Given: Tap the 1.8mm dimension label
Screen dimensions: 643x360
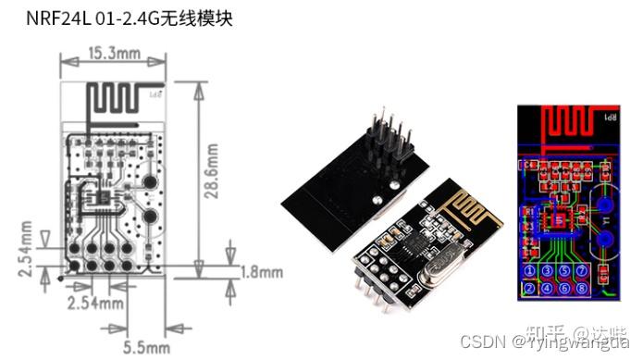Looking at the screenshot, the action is tap(262, 272).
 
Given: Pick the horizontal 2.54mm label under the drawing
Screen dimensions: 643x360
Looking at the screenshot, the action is tap(95, 303).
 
